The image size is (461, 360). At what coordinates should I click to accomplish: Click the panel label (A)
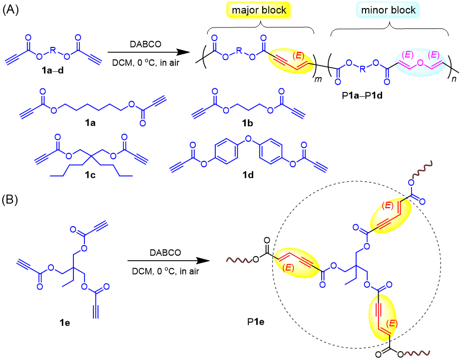pos(10,10)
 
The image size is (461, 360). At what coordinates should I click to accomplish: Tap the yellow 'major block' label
pos(259,10)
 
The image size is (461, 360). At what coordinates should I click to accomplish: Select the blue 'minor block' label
pos(388,10)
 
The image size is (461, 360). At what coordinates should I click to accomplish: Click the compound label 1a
pos(90,123)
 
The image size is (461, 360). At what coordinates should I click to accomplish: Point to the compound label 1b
pos(248,123)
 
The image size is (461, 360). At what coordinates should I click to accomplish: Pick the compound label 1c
pos(90,175)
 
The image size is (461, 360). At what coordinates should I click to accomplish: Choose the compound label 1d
pos(248,175)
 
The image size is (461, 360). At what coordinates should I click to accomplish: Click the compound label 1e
pos(65,323)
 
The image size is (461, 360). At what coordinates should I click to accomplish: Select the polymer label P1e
pos(256,322)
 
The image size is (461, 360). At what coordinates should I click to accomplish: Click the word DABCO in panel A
pos(145,44)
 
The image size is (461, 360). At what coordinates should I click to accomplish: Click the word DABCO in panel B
pos(165,253)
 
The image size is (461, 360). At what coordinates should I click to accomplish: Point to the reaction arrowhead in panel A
pos(184,52)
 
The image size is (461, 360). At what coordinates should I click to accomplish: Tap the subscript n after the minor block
pos(454,79)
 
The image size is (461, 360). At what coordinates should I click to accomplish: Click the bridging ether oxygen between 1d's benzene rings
pos(248,138)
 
